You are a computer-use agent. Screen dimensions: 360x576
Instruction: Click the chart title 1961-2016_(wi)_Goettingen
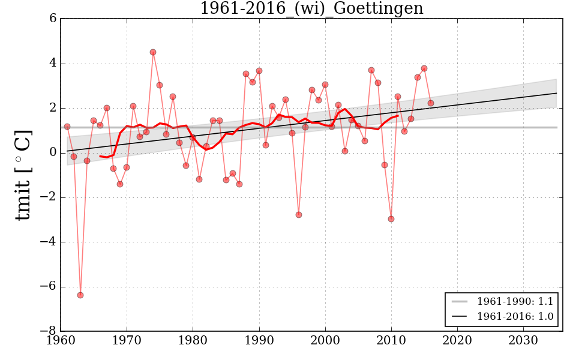click(311, 9)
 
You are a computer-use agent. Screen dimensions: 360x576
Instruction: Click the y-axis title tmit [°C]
click(23, 175)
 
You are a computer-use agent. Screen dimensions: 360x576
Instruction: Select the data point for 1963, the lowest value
click(80, 295)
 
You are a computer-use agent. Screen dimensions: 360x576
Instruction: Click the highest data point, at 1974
click(153, 52)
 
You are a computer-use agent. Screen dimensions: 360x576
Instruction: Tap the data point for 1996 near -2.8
click(299, 215)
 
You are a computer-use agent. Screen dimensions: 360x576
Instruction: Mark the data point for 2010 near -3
click(391, 219)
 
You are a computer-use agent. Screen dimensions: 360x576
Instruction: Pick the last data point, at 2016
click(431, 103)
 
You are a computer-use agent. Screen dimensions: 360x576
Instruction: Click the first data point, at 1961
click(67, 127)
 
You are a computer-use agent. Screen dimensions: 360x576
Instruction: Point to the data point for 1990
click(259, 71)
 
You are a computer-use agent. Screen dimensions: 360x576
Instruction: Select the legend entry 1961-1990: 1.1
click(515, 301)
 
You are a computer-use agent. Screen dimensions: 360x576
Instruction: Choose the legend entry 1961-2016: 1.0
click(515, 317)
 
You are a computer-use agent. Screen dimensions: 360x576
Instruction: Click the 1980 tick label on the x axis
click(193, 340)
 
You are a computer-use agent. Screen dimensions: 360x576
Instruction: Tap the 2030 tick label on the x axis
click(523, 340)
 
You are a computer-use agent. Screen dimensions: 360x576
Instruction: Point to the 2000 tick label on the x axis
click(325, 340)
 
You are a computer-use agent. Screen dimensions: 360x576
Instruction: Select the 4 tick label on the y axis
click(53, 64)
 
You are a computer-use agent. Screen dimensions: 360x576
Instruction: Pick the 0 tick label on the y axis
click(53, 153)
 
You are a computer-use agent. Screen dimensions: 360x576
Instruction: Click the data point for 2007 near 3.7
click(371, 70)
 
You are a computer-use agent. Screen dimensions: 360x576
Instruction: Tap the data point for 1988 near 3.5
click(246, 74)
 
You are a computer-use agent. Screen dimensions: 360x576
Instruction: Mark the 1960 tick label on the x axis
click(61, 340)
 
